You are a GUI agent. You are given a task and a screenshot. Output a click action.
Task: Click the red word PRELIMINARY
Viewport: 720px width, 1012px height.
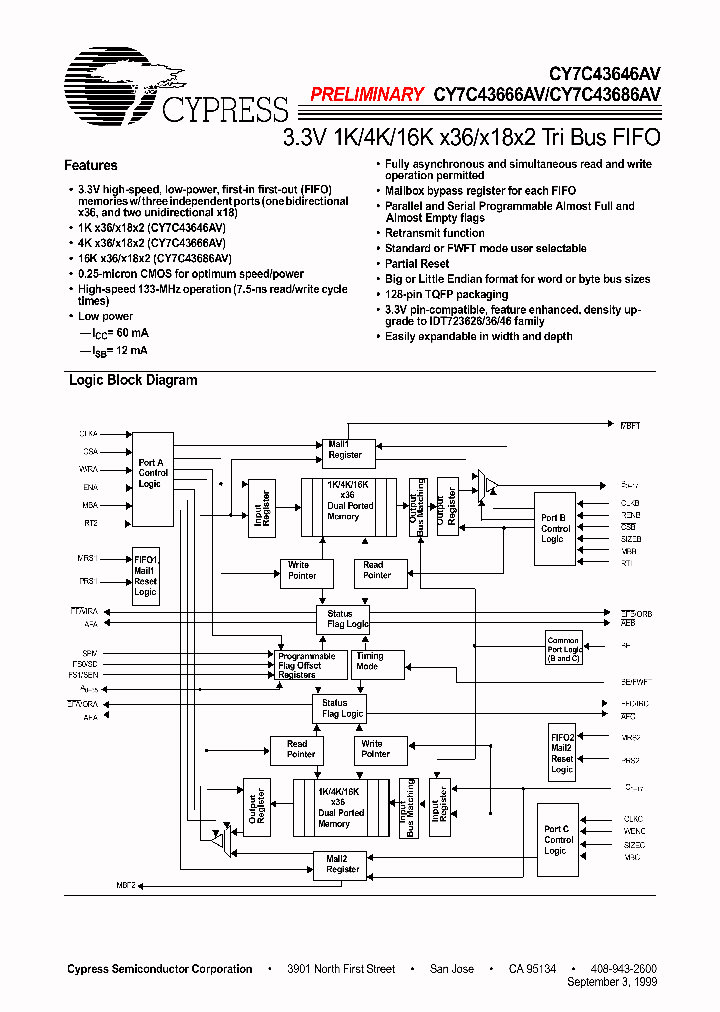[367, 95]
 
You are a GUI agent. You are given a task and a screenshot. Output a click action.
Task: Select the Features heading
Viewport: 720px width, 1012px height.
[91, 166]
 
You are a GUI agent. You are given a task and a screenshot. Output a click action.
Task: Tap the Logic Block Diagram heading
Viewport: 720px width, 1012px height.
[133, 381]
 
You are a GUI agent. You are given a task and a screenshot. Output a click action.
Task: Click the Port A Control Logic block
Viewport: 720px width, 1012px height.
[153, 479]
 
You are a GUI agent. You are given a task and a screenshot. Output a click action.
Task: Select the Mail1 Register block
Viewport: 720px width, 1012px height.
[345, 449]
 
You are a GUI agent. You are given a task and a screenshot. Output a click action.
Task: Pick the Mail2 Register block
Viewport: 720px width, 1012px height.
[343, 863]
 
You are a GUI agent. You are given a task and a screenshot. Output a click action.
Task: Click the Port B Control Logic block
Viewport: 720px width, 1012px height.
[556, 528]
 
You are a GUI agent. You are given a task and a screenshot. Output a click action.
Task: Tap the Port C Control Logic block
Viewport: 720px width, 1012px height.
[558, 839]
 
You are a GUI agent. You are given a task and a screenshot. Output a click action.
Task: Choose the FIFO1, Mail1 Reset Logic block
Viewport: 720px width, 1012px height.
[146, 575]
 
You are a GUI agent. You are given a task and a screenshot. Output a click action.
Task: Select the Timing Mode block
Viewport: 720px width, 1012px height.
[377, 663]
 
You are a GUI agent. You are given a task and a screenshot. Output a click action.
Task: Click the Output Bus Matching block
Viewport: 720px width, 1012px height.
[419, 507]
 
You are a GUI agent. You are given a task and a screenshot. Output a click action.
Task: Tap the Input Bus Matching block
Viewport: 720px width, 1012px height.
[408, 808]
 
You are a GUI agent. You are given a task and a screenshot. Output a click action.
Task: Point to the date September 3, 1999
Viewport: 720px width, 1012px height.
[611, 983]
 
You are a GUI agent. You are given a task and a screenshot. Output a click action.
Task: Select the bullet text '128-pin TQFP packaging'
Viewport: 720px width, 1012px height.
[446, 295]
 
